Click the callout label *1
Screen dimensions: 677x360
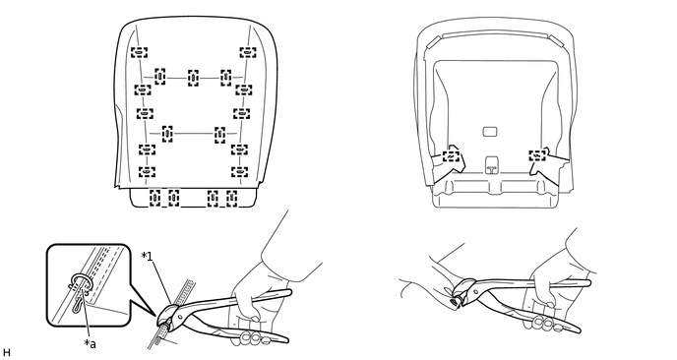click(147, 257)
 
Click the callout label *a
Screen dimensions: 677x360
click(90, 343)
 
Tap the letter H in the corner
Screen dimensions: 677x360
click(6, 353)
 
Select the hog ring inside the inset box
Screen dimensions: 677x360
click(80, 281)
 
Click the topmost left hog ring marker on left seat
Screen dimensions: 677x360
click(139, 53)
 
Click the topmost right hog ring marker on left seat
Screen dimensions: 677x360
click(248, 53)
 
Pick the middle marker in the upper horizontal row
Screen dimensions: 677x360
click(194, 78)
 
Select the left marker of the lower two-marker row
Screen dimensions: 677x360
click(167, 134)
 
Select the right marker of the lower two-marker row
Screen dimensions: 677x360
click(219, 135)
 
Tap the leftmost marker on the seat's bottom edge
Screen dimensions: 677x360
click(154, 198)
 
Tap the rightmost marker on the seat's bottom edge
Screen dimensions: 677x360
click(232, 198)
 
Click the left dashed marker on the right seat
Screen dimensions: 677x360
click(452, 155)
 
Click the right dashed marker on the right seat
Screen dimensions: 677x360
click(537, 155)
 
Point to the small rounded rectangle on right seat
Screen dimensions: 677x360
click(490, 131)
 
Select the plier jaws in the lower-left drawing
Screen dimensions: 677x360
click(168, 316)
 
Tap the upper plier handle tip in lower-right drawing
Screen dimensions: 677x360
click(588, 282)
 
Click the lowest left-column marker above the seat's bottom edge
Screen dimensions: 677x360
click(147, 171)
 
